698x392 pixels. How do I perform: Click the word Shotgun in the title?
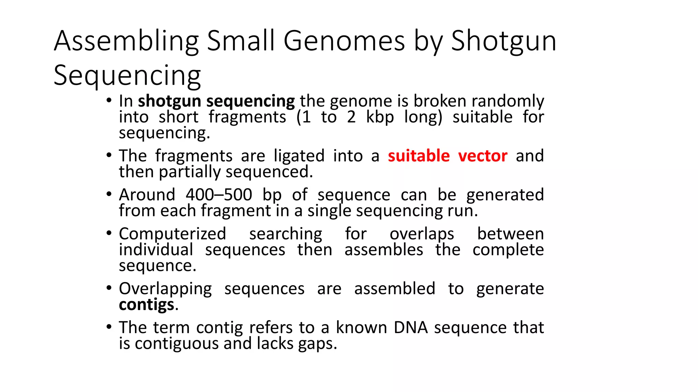click(x=503, y=42)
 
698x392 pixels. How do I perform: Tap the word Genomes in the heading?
click(x=344, y=42)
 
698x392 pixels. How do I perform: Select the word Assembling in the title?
click(x=126, y=42)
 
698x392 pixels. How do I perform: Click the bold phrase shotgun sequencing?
click(x=216, y=101)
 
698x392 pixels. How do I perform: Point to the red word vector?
click(x=483, y=156)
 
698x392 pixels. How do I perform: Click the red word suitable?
click(x=419, y=156)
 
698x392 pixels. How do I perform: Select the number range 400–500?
click(x=219, y=195)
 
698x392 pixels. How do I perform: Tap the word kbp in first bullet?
click(x=380, y=117)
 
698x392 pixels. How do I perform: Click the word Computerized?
click(x=172, y=234)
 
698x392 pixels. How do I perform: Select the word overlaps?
click(x=422, y=234)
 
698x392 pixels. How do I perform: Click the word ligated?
click(x=299, y=156)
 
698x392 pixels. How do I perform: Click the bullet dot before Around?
click(x=109, y=194)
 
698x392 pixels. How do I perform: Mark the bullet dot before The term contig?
click(x=109, y=327)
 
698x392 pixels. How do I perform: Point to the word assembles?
click(x=383, y=250)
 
